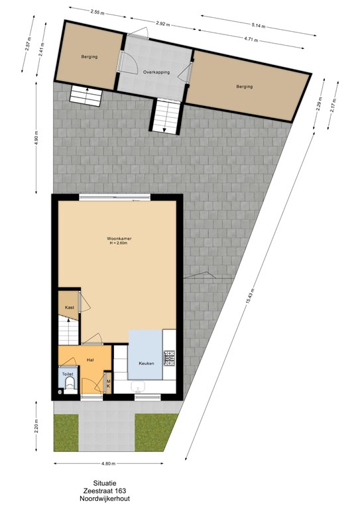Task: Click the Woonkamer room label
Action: click(x=119, y=239)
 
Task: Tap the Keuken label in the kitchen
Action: click(x=147, y=363)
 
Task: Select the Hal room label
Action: click(x=90, y=360)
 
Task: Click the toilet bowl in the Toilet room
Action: click(x=69, y=385)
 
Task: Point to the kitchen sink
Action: click(x=139, y=386)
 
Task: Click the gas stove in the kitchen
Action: click(x=169, y=358)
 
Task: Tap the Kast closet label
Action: click(x=70, y=308)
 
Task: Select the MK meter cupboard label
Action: click(x=109, y=383)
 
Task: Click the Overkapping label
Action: click(x=156, y=72)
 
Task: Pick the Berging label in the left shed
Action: click(x=90, y=57)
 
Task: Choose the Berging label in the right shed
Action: click(x=245, y=87)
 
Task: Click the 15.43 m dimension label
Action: click(x=249, y=297)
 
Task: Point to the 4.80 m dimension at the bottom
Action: click(x=109, y=463)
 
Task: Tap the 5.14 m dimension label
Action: click(x=259, y=26)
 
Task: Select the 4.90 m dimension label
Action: click(x=36, y=138)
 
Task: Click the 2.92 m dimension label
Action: click(x=162, y=23)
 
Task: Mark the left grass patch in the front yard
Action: click(x=66, y=433)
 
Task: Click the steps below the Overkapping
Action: click(x=166, y=116)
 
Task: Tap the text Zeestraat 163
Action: click(x=105, y=490)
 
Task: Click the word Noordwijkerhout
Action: click(x=105, y=498)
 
